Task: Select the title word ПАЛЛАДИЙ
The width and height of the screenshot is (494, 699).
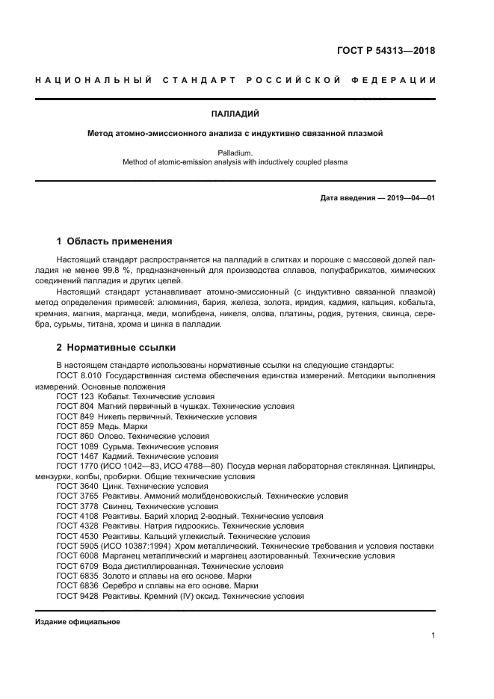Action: tap(247, 114)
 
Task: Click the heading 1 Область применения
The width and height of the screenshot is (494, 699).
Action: tap(114, 241)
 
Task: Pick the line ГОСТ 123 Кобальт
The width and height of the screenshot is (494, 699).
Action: tap(135, 396)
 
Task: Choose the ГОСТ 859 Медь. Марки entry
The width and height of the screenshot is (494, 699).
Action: tap(102, 426)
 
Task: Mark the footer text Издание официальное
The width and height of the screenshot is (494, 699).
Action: tap(78, 622)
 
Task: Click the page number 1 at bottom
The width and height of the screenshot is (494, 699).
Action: tap(433, 635)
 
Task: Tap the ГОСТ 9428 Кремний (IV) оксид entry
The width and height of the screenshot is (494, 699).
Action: tap(180, 597)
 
